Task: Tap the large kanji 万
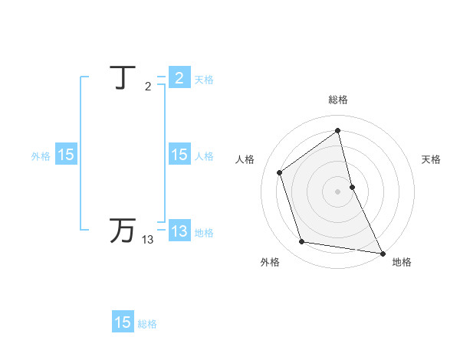[123, 231]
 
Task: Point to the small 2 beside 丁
[148, 87]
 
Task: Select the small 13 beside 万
[147, 240]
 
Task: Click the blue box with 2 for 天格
[179, 78]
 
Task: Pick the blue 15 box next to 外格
[66, 155]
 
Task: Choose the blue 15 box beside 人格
[179, 155]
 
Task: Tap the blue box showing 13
[179, 231]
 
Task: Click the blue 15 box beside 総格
[123, 322]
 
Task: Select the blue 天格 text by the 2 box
[204, 80]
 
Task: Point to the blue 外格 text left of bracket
[41, 156]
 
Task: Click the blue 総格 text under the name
[147, 324]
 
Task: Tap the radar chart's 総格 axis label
[338, 100]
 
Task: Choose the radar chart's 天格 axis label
[431, 159]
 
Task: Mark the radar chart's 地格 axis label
[402, 262]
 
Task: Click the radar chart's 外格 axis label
[270, 262]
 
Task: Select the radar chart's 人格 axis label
[245, 159]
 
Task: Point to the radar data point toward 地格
[382, 252]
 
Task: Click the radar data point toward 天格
[353, 186]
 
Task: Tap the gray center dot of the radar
[338, 191]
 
